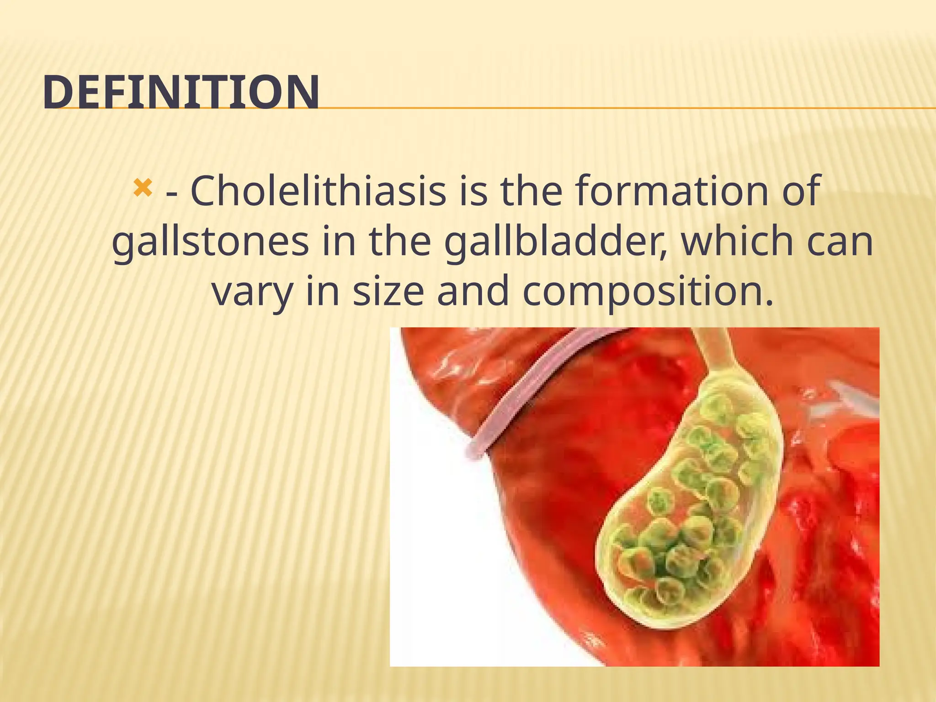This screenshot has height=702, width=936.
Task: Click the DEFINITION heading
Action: pos(181,92)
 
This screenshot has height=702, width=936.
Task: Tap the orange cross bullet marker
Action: pos(142,187)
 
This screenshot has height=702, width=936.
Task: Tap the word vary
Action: pos(253,292)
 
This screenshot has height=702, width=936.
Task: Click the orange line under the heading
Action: pos(594,108)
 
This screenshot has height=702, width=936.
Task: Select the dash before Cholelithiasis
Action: pos(172,194)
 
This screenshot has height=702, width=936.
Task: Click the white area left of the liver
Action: pos(439,571)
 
